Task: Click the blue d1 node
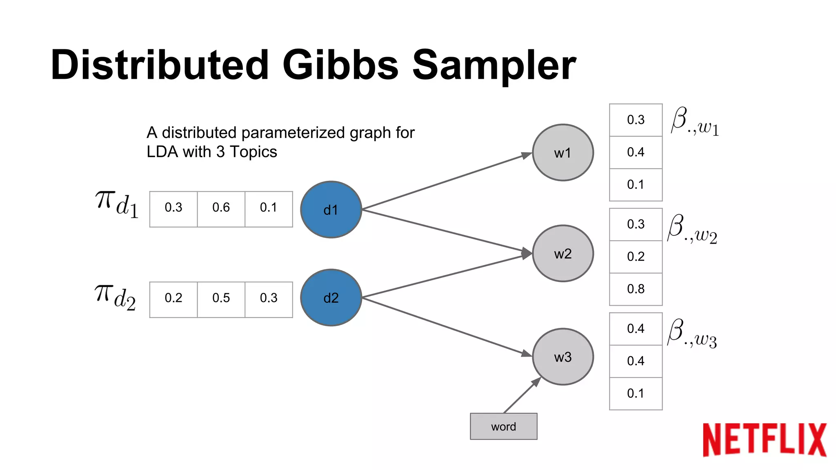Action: click(x=331, y=210)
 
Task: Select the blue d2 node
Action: click(x=331, y=297)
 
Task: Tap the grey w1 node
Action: click(x=563, y=153)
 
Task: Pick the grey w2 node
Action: click(x=563, y=253)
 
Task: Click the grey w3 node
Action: click(x=563, y=357)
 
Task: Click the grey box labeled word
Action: click(x=503, y=426)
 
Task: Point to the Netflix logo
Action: click(x=764, y=440)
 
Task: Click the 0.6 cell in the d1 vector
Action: click(x=221, y=208)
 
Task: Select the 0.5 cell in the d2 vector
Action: click(x=221, y=298)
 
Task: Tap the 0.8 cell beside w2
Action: click(x=636, y=289)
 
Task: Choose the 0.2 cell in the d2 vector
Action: click(x=173, y=298)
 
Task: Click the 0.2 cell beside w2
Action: click(x=636, y=257)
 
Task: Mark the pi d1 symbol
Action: click(x=117, y=204)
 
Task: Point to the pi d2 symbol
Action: click(x=115, y=297)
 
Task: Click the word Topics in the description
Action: click(x=253, y=152)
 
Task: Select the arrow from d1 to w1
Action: click(x=445, y=181)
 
